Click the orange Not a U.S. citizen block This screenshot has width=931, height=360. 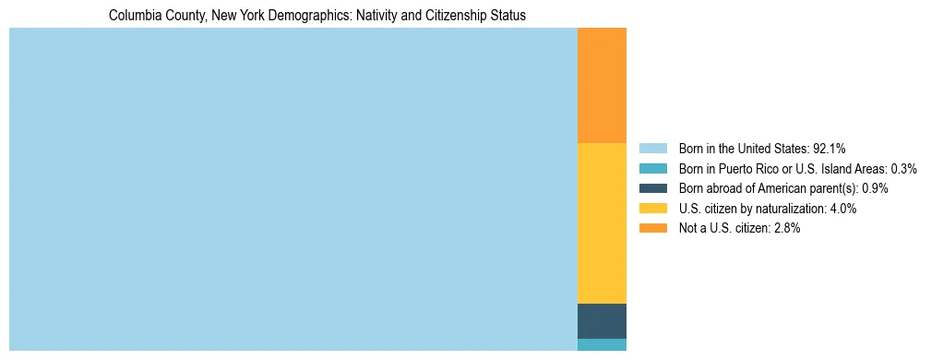click(x=602, y=86)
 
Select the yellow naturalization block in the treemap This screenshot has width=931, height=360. click(x=602, y=223)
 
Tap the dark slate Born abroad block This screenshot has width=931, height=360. click(x=602, y=320)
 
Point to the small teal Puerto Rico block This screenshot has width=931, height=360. click(x=602, y=344)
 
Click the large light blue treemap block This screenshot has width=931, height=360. click(x=292, y=189)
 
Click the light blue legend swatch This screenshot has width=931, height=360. click(x=652, y=148)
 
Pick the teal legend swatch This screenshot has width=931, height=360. click(x=652, y=168)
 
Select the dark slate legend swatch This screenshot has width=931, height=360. click(x=652, y=188)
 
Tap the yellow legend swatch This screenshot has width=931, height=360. click(x=652, y=209)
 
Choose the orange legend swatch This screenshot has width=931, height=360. click(x=652, y=228)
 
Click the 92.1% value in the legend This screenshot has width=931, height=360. click(x=830, y=148)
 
